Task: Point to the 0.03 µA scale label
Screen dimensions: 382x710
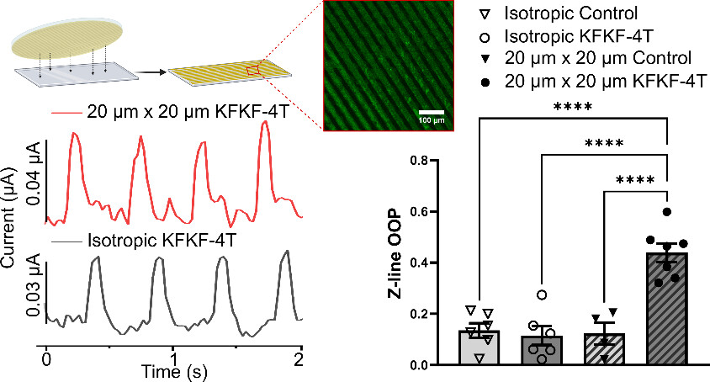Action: pyautogui.click(x=32, y=292)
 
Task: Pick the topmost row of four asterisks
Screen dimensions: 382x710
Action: pyautogui.click(x=572, y=107)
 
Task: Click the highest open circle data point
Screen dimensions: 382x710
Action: pyautogui.click(x=542, y=294)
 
